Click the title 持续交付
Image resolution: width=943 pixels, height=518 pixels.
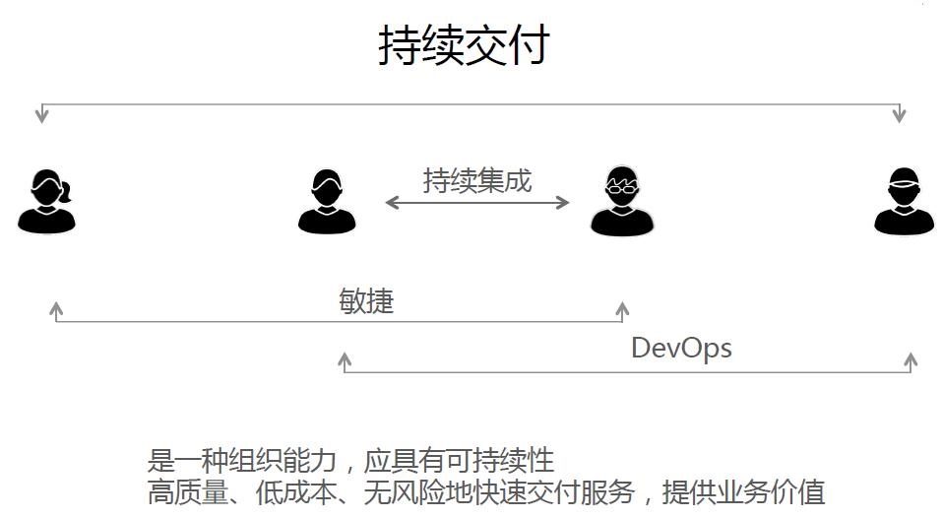(464, 45)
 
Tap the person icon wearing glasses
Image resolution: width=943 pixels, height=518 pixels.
(622, 201)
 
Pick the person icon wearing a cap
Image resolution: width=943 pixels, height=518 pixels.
(904, 202)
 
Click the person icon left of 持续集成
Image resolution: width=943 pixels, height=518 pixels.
(327, 201)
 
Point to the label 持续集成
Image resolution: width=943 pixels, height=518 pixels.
(477, 180)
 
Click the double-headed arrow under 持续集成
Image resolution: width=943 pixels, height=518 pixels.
(477, 203)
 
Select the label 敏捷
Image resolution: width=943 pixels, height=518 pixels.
(366, 300)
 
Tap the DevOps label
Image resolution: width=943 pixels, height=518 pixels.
(681, 348)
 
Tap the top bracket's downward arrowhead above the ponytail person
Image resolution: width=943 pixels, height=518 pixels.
(41, 115)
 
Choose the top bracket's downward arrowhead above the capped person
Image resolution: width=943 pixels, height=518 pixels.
(899, 115)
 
